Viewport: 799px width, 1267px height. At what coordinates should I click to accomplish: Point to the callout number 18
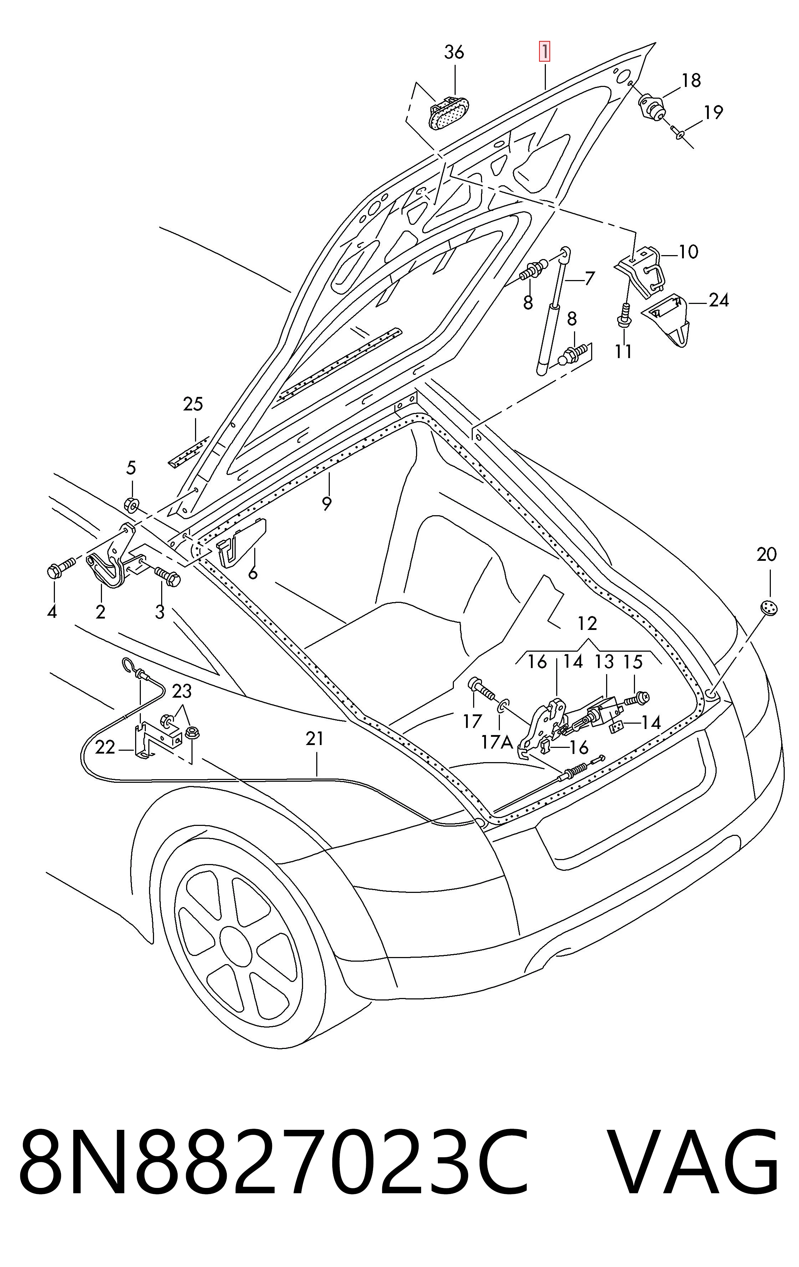(691, 81)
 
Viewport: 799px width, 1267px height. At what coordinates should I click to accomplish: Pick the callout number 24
(718, 300)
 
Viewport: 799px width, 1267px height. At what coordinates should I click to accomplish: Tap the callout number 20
(766, 554)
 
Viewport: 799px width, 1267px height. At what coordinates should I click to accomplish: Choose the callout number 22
(105, 747)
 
